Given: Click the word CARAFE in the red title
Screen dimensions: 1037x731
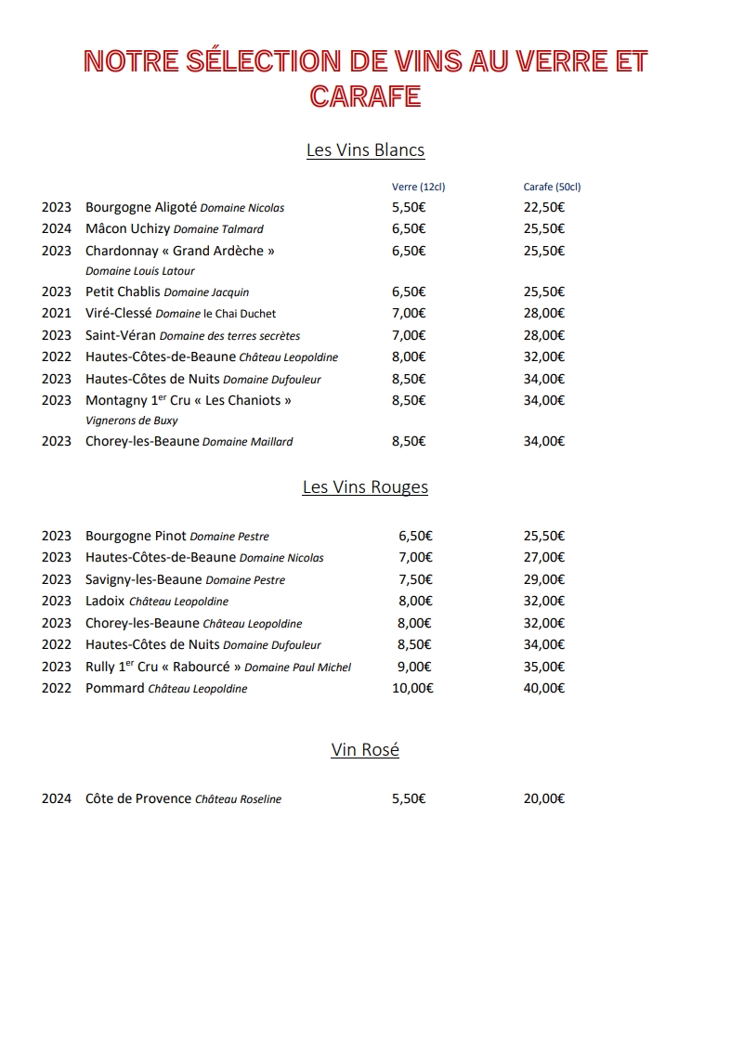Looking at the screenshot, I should (x=365, y=96).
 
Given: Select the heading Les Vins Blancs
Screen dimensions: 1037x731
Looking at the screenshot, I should (x=365, y=150).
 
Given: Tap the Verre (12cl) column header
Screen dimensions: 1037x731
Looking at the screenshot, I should (x=418, y=187).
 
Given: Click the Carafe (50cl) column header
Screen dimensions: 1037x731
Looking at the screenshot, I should (x=552, y=187).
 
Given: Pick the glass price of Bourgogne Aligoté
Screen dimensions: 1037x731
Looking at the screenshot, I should (x=409, y=208).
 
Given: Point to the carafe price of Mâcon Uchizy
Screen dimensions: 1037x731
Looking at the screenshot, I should (x=544, y=229).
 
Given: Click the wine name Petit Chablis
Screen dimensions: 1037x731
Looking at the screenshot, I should (x=123, y=292).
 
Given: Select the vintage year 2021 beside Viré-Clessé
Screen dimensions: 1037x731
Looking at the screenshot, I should (x=56, y=314).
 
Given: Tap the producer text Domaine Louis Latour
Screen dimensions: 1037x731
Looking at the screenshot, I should (x=140, y=271).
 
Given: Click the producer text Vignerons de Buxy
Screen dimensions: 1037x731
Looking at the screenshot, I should (x=132, y=421).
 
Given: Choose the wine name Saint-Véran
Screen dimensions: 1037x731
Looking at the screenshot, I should (x=121, y=335).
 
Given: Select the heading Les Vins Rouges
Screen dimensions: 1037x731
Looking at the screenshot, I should (x=365, y=487).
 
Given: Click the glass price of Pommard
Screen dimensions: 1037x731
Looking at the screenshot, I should (x=412, y=689).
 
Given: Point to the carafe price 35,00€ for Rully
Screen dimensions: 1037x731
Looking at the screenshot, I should (x=544, y=667).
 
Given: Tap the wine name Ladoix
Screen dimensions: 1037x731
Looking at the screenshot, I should (x=105, y=602).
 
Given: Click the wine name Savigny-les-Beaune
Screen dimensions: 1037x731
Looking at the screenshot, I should (x=143, y=579).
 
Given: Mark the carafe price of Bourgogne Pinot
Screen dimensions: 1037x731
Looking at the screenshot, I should (x=544, y=536).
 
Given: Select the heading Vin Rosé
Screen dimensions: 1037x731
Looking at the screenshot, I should (x=365, y=750).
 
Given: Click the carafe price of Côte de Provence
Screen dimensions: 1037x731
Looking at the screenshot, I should (x=544, y=799).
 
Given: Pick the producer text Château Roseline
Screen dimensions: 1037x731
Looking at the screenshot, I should (x=238, y=799).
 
